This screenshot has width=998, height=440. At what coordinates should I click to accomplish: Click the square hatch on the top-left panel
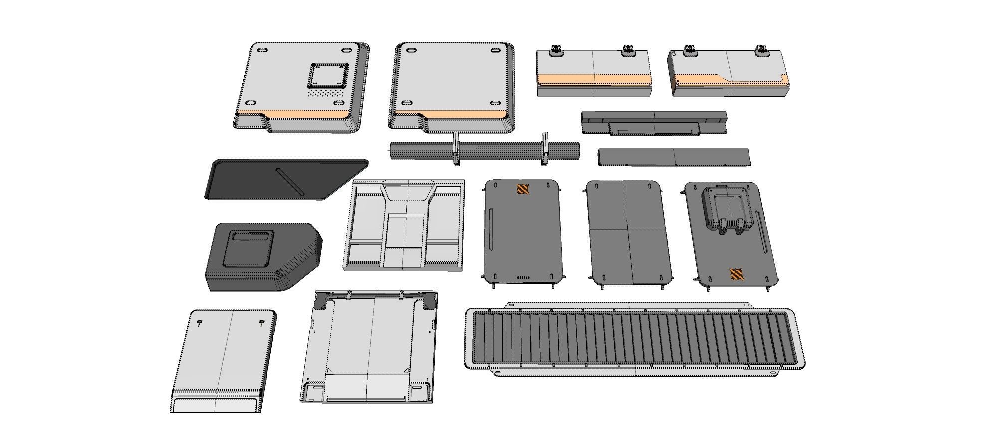(328, 75)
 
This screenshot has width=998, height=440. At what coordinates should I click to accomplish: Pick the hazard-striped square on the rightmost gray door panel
(737, 275)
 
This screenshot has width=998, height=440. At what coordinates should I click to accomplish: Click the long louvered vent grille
(634, 339)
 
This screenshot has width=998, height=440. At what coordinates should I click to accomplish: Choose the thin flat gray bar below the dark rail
(674, 157)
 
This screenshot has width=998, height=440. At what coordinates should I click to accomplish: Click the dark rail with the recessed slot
(654, 123)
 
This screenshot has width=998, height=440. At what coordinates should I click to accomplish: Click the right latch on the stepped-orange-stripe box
(761, 50)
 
